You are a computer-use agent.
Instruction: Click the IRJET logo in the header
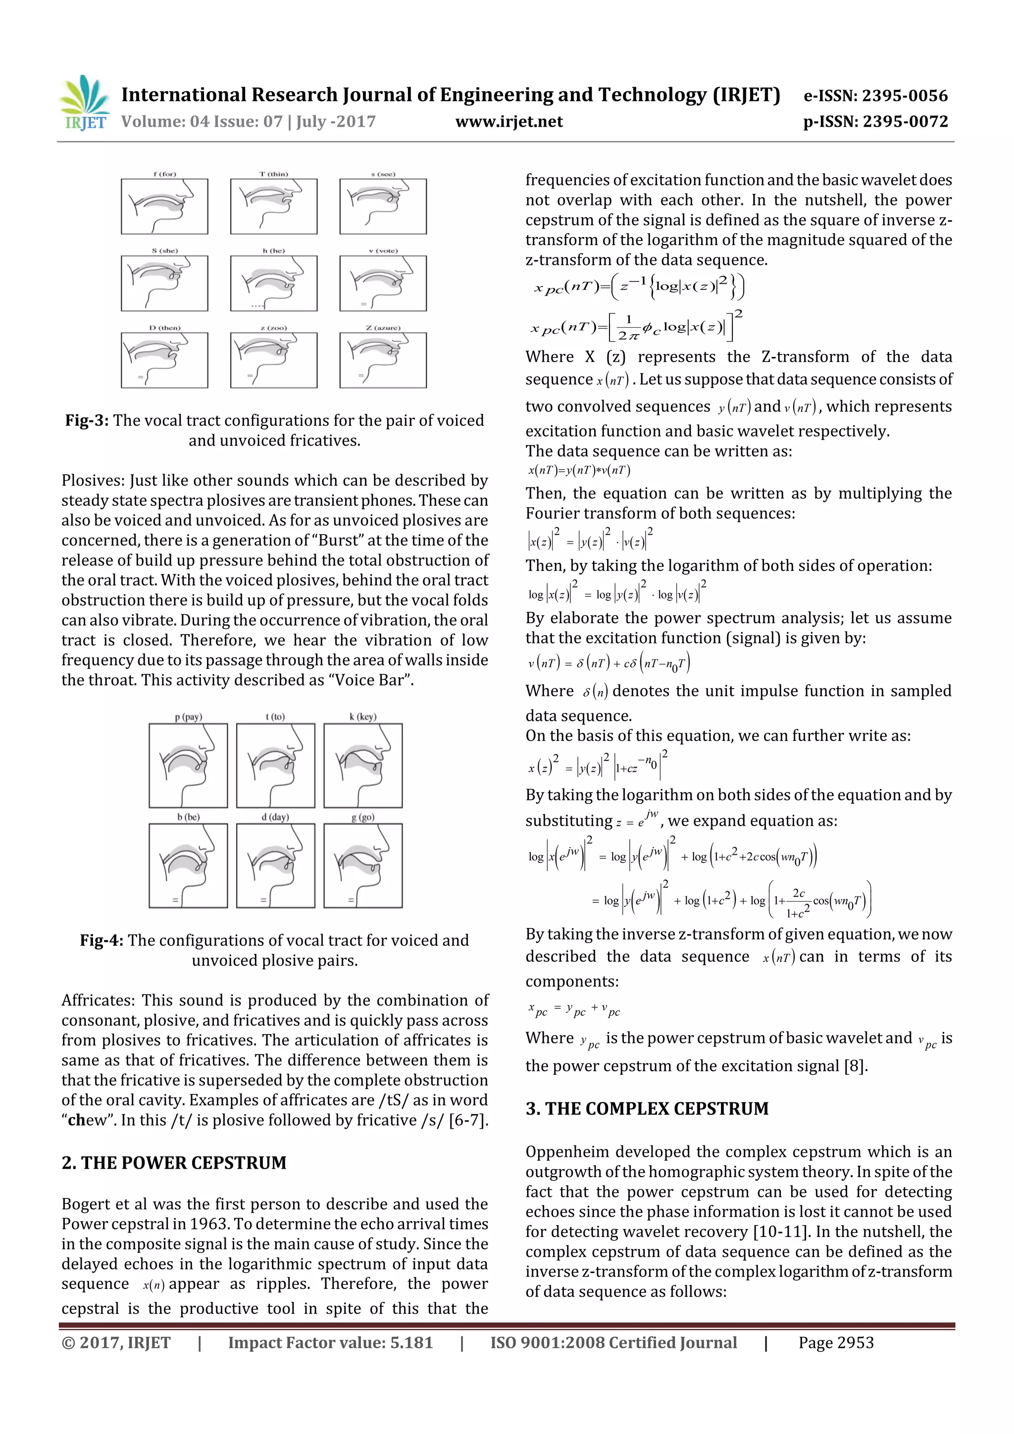(84, 103)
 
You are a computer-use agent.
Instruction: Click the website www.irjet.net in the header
(508, 121)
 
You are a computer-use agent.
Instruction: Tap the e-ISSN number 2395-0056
(905, 96)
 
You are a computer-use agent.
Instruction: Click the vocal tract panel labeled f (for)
(164, 206)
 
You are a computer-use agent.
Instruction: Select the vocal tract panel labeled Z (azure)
(383, 360)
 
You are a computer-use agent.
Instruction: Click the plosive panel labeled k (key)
(363, 765)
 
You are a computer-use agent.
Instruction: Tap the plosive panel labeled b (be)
(188, 865)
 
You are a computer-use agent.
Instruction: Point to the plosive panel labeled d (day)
(275, 865)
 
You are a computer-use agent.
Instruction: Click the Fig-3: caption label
(87, 420)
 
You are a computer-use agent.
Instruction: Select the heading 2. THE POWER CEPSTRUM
(174, 1162)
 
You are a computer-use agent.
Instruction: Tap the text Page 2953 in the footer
(835, 1342)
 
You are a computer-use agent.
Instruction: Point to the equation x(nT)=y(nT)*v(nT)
(579, 470)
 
